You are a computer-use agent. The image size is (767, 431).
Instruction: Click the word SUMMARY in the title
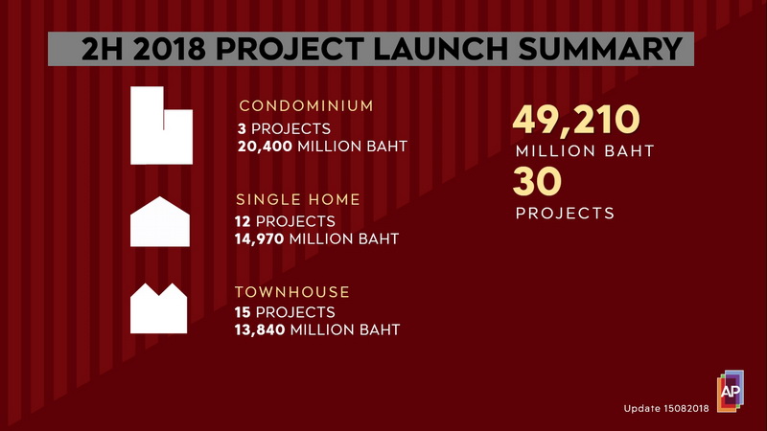pos(600,49)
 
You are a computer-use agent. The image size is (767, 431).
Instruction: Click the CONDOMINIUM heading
pos(306,105)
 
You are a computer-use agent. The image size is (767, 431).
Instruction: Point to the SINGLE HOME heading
pos(298,199)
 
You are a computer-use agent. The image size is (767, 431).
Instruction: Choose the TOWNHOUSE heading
pos(292,292)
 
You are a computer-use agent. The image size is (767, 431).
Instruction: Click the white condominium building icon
pos(161,125)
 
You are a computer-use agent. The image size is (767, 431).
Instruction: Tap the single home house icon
pos(160,222)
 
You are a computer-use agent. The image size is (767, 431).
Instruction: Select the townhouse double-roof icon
pos(158,308)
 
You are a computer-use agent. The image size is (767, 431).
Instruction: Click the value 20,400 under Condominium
pos(265,147)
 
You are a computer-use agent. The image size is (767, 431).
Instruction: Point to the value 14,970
pos(259,238)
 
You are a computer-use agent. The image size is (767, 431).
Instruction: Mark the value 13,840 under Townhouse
pos(260,329)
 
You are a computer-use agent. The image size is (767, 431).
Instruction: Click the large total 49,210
pos(576,120)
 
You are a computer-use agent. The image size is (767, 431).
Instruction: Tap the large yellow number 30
pos(537,181)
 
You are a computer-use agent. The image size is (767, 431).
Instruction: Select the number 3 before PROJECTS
pos(242,129)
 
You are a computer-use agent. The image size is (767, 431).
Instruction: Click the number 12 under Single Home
pos(243,221)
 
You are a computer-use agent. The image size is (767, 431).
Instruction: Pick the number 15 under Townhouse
pos(243,312)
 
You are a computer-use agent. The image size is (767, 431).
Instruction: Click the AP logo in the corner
pos(731,391)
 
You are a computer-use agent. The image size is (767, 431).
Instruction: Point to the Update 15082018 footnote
pos(666,409)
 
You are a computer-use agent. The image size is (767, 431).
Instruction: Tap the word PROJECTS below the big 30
pos(565,213)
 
